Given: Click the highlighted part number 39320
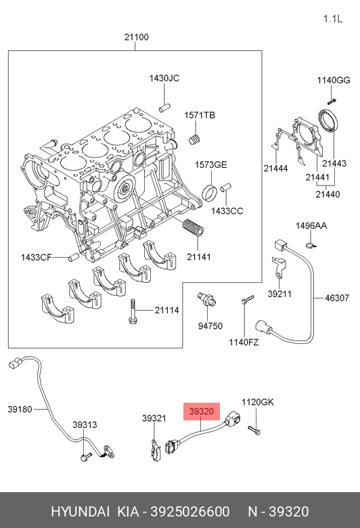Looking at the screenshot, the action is coord(202,412).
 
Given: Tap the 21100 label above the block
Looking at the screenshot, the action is coord(137,37).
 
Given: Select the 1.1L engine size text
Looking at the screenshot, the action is coord(333,19).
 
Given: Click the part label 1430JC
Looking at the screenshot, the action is coord(164,78).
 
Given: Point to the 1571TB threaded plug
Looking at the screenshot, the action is coord(196,139).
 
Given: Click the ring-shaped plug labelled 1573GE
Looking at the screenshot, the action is coord(209,192).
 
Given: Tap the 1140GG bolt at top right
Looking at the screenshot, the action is coord(332,100).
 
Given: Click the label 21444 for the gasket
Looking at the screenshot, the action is coord(276,169).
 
